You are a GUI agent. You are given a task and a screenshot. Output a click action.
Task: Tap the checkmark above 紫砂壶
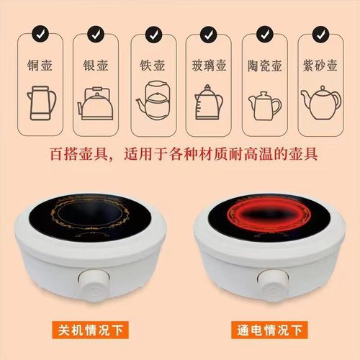pos(321,33)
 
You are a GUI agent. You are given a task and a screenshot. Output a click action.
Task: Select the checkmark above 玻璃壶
pos(208,33)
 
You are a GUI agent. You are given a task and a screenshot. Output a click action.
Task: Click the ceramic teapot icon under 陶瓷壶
pos(265,102)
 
